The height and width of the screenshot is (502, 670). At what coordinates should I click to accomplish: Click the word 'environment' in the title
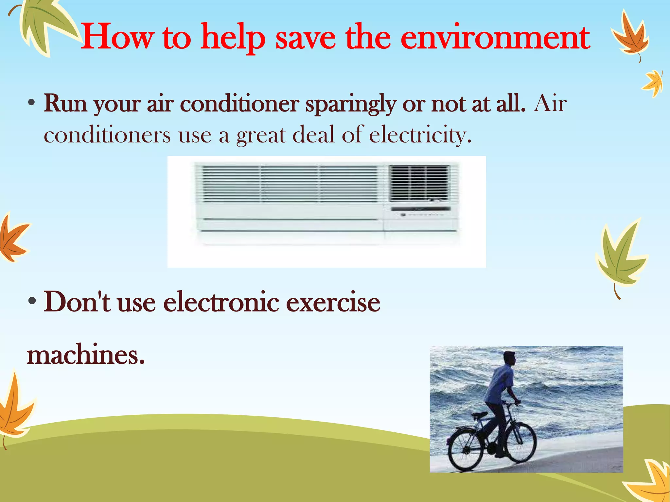point(495,38)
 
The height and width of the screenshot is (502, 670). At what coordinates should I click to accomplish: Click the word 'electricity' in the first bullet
point(420,135)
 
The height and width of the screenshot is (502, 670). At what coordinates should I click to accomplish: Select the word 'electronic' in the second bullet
point(221,302)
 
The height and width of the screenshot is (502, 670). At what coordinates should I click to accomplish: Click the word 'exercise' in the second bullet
point(333,302)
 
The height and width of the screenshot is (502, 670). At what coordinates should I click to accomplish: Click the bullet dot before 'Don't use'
point(32,301)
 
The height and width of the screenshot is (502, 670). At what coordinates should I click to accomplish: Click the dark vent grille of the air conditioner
point(419,183)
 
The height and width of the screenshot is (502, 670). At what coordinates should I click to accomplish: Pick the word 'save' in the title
point(306,38)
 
